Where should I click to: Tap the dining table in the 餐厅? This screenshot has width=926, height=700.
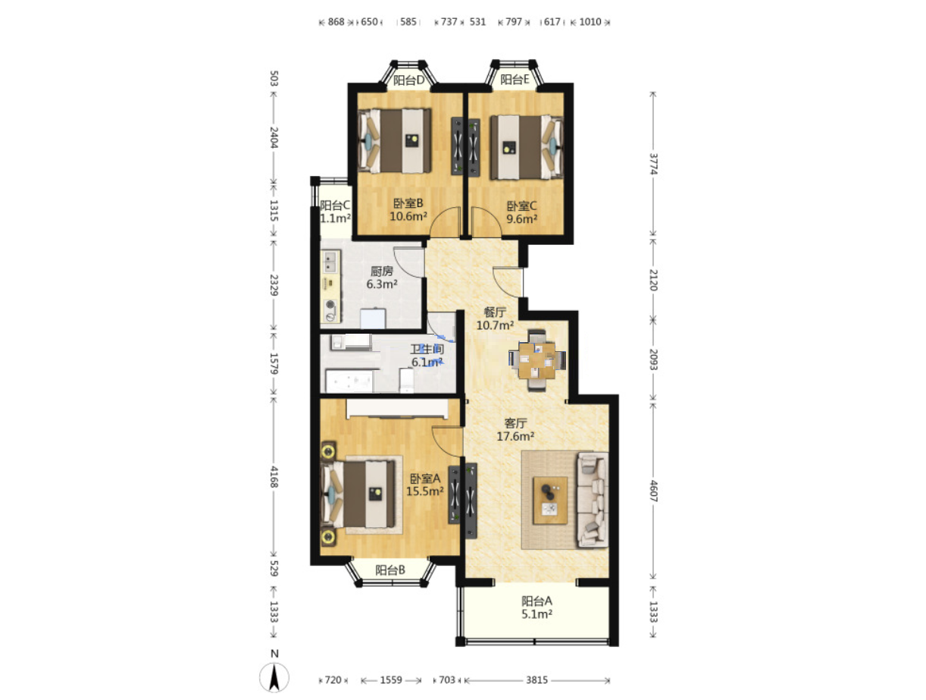tap(537, 360)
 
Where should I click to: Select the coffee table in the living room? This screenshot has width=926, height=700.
tap(549, 500)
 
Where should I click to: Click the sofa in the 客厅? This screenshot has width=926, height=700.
tap(593, 500)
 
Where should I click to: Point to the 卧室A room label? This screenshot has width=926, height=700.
tap(425, 479)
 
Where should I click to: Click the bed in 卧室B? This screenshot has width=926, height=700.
tap(395, 141)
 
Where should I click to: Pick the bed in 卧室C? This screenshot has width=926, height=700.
tap(526, 147)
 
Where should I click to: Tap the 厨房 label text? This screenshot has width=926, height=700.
tap(381, 271)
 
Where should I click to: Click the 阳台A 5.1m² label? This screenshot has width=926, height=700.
tap(537, 607)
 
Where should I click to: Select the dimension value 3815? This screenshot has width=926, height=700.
tap(537, 680)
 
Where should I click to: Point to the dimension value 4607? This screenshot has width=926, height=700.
tap(653, 491)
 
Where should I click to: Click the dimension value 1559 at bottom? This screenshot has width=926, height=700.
tap(391, 680)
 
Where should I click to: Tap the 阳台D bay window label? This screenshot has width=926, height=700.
tap(408, 80)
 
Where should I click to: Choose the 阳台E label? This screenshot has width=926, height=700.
tap(515, 80)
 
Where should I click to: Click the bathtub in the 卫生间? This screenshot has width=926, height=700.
tap(349, 381)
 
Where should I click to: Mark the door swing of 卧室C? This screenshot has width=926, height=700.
tap(486, 221)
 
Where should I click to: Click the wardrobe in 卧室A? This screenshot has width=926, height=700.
tap(397, 409)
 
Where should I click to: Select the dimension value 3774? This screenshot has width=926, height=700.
tap(653, 164)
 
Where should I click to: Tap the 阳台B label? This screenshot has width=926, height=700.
tap(389, 570)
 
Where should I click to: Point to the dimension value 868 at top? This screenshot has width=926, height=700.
tap(336, 21)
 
